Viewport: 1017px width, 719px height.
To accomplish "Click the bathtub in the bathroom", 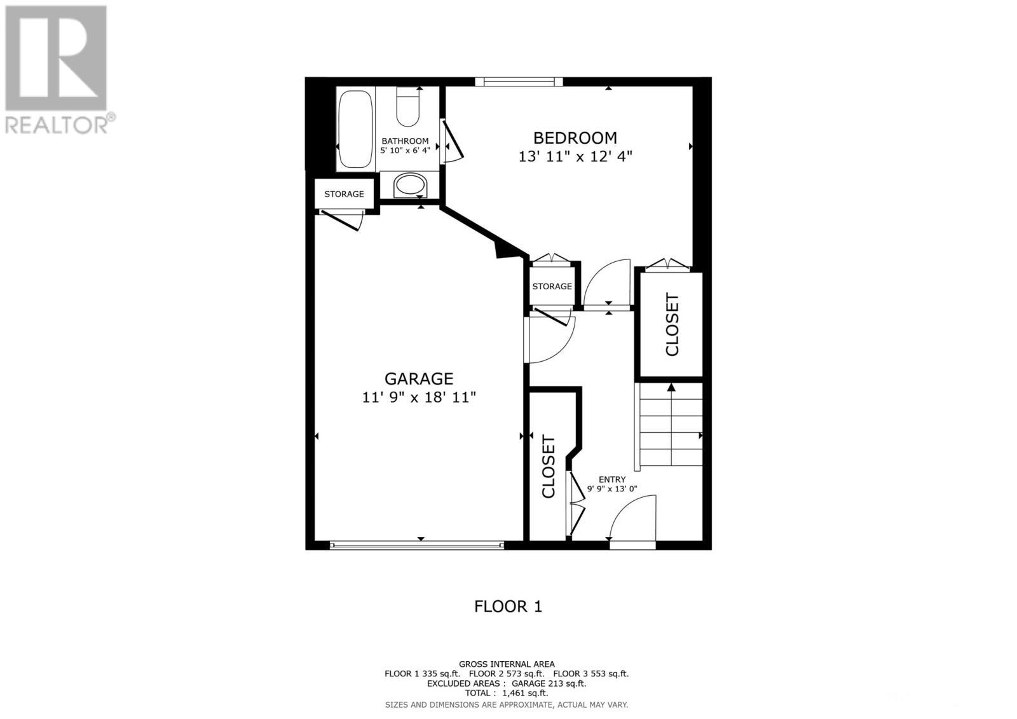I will coord(355,129).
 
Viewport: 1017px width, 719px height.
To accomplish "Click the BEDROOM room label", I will coord(575,138).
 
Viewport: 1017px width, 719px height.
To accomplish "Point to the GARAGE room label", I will coord(419,379).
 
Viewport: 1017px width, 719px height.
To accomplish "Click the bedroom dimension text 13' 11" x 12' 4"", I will coord(575,156).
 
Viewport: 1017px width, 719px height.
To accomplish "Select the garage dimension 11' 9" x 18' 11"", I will coord(419,398).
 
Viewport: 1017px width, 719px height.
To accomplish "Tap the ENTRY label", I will coord(612,479).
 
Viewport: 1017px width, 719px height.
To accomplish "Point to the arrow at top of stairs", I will coord(671,387).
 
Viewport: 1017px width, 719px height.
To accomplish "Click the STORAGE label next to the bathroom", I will coord(344,194).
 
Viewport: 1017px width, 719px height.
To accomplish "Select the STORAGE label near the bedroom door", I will coord(552,287).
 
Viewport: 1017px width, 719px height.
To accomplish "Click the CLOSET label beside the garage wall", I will coord(549,466).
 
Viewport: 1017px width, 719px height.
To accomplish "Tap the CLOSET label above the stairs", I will coord(672,324).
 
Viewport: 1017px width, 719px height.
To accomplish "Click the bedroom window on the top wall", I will coord(519,81).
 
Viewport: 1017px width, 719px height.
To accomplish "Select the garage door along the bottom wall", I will coord(417,545).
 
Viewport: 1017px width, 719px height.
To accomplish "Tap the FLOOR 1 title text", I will coord(508,606).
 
